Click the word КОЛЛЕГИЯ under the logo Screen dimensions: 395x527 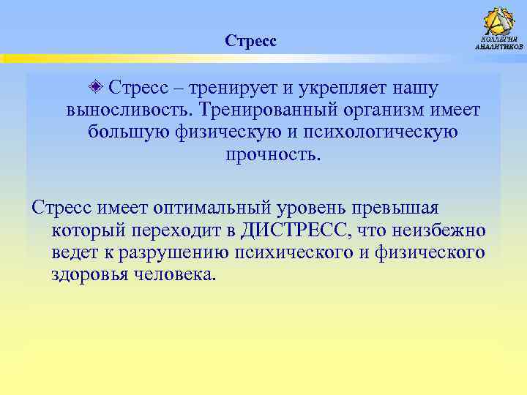[x=499, y=39]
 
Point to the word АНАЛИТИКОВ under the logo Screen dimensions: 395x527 [x=499, y=47]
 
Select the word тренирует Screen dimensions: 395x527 [x=233, y=89]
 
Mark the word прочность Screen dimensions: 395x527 [x=273, y=155]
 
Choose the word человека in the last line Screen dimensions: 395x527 [x=173, y=275]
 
